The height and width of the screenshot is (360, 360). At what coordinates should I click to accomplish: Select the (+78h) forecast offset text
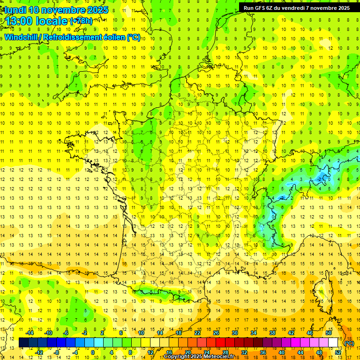pos(81,21)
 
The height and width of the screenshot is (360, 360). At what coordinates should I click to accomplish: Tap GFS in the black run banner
pos(262,8)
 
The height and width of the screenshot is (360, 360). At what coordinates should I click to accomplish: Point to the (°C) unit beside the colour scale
pos(349,343)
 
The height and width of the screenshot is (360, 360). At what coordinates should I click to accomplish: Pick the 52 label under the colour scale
pos(338,352)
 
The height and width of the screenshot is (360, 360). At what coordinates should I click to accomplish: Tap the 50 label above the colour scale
pos(329,333)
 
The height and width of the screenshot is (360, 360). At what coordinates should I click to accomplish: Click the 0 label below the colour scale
pos(93,352)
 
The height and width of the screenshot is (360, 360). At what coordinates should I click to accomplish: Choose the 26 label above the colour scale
pos(216,333)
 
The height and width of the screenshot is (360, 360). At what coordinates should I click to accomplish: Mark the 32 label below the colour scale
pos(244,352)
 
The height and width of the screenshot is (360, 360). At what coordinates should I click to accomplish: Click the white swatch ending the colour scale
pos(333,343)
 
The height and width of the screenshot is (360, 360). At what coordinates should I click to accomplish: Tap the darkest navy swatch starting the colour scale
pos(23,343)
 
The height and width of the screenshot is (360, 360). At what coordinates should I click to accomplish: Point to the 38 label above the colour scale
pos(272,333)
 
